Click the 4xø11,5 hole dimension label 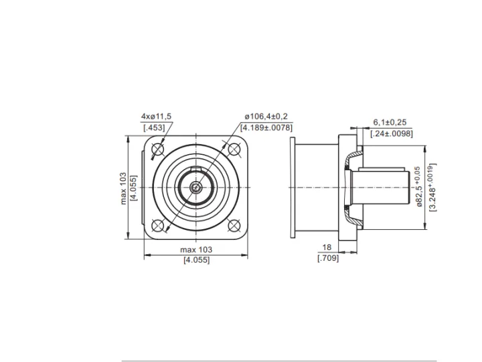tap(156, 117)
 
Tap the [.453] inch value tap(154, 127)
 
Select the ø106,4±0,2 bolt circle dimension tap(266, 117)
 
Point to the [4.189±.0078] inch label tap(266, 127)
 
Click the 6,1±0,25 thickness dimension tap(390, 122)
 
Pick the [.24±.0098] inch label tap(392, 133)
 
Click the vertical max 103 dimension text tap(123, 188)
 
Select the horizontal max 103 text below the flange tap(196, 249)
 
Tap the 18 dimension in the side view tap(327, 247)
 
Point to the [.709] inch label tap(328, 258)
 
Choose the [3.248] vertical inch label tap(432, 187)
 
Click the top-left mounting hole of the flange tap(158, 149)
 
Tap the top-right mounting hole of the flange tap(234, 149)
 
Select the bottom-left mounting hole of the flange tap(158, 226)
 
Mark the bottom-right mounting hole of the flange tap(234, 226)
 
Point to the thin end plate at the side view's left tap(293, 188)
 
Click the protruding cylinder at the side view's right tap(380, 188)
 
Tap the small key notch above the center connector tap(195, 168)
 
